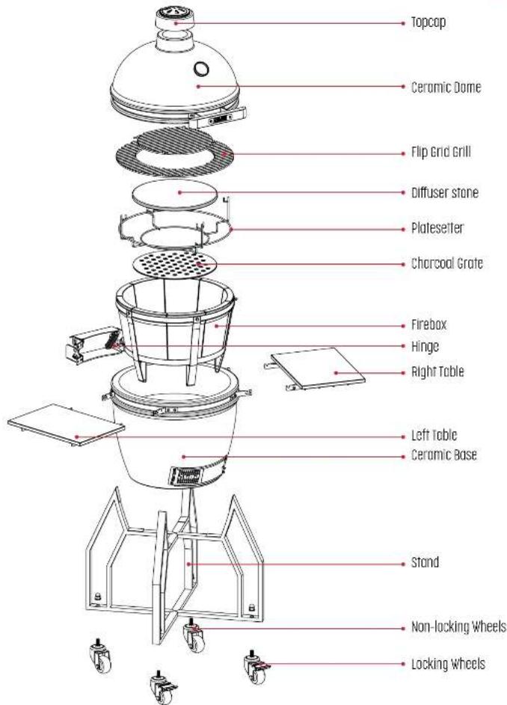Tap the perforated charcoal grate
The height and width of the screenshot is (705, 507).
pyautogui.click(x=178, y=265)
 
